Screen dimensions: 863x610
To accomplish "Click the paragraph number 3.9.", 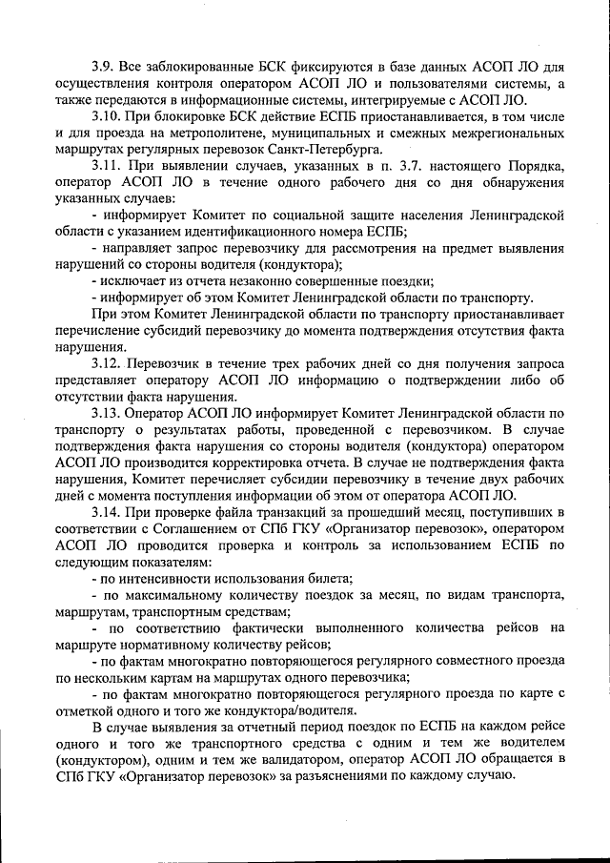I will coord(104,68).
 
